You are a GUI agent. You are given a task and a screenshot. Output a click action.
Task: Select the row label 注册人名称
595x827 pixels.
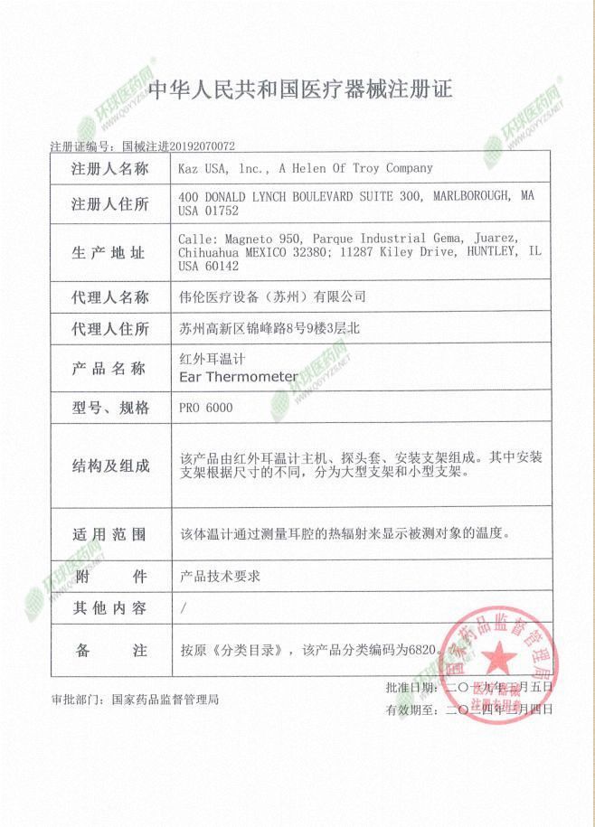(x=109, y=169)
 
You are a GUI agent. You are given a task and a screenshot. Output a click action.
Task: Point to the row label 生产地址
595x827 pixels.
(x=109, y=253)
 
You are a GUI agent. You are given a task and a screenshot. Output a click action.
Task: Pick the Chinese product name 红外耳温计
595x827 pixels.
(x=206, y=360)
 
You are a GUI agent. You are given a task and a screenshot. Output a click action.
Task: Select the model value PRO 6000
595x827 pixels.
(x=206, y=408)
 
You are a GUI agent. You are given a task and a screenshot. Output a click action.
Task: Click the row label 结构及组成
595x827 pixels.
(x=109, y=465)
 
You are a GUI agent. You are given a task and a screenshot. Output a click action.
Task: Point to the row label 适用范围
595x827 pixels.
(x=109, y=534)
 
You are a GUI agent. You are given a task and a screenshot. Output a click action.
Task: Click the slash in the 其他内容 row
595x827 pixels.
(x=184, y=608)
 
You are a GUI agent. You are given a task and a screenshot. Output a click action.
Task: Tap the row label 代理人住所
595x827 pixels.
(x=109, y=330)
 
